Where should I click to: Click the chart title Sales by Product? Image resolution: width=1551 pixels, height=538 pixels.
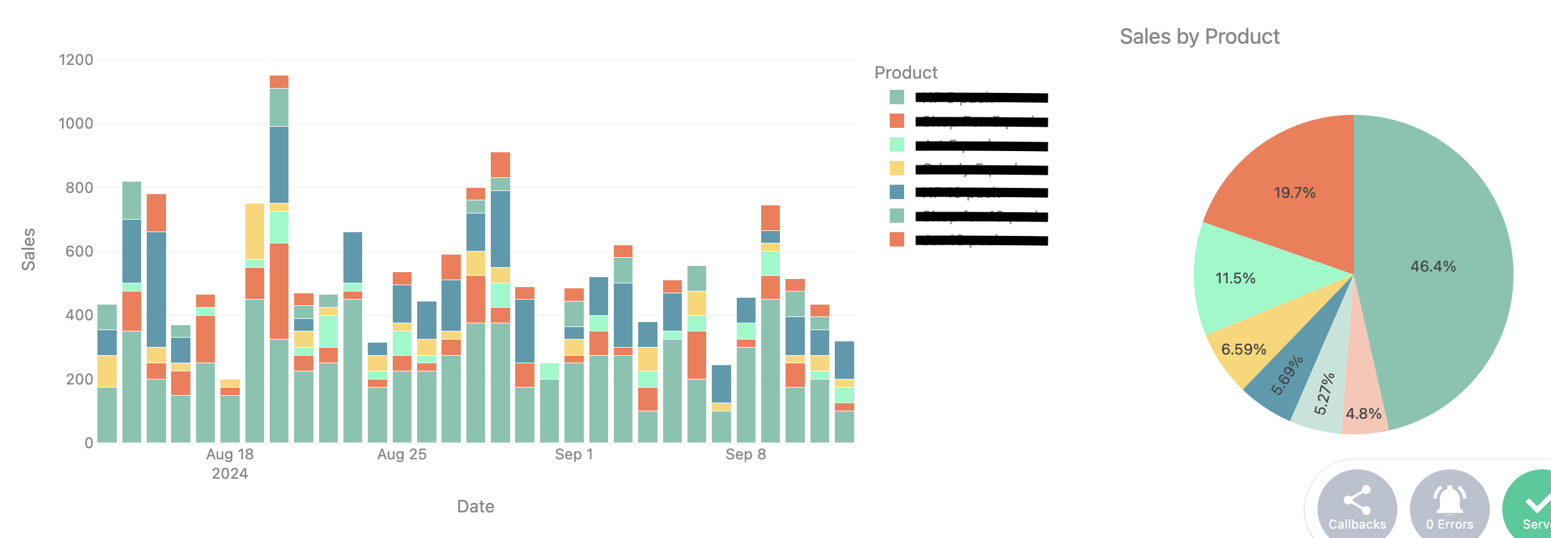(1199, 37)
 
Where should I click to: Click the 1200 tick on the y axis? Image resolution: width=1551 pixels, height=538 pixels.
(76, 60)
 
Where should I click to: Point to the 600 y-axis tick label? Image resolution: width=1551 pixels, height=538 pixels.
(79, 252)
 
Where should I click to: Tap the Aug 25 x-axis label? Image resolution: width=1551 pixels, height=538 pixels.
(401, 454)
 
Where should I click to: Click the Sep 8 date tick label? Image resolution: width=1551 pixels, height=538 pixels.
(746, 454)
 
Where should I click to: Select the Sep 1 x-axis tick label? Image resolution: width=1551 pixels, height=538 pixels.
(574, 454)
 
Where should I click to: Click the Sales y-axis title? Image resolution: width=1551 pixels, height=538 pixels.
(29, 249)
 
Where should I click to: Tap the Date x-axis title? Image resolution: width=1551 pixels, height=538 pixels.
(475, 506)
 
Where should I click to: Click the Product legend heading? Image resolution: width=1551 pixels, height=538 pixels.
(906, 73)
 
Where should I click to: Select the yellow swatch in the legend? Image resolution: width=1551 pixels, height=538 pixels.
(897, 169)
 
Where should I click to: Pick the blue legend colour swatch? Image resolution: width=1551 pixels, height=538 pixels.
(897, 192)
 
